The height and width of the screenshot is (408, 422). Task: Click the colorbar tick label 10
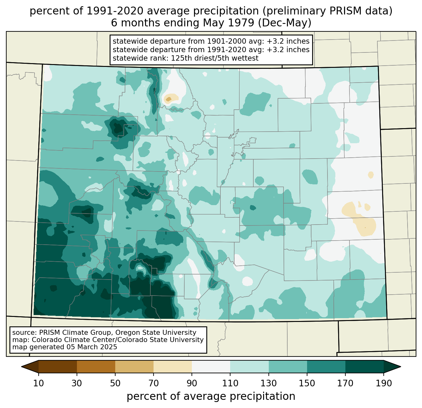[38, 383]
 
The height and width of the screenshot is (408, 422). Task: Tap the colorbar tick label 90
[192, 383]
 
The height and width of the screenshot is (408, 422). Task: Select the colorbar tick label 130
[268, 383]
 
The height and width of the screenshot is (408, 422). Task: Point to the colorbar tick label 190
[384, 383]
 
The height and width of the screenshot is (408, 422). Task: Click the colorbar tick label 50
[115, 383]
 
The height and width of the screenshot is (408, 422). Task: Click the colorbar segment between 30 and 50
[96, 367]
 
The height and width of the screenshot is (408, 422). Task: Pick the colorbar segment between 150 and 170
[326, 367]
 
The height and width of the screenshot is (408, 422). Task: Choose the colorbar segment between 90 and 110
[211, 367]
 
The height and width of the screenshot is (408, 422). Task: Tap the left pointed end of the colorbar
[22, 367]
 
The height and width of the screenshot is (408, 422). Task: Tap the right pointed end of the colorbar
[400, 367]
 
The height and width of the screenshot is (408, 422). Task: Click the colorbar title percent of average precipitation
[211, 396]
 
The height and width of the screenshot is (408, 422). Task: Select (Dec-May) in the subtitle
[284, 23]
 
